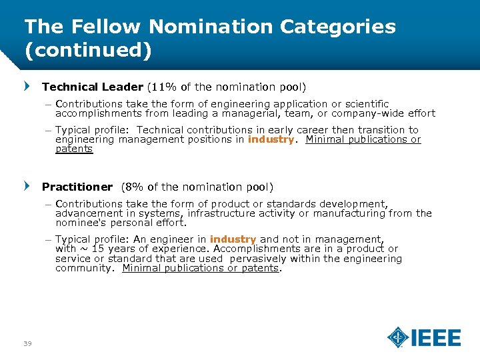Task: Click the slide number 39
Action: pyautogui.click(x=27, y=343)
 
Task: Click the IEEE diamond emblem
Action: pyautogui.click(x=398, y=337)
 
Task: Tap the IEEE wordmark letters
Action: pyautogui.click(x=436, y=338)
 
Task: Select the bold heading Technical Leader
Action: pyautogui.click(x=92, y=87)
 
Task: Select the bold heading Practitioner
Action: pyautogui.click(x=77, y=187)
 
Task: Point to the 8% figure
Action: pyautogui.click(x=133, y=187)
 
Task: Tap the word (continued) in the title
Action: pyautogui.click(x=88, y=50)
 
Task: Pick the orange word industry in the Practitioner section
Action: pyautogui.click(x=233, y=239)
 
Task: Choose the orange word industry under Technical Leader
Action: pyautogui.click(x=271, y=139)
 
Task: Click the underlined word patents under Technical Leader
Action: pyautogui.click(x=74, y=149)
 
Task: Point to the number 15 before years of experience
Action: pyautogui.click(x=97, y=249)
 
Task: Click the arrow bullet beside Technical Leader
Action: pyautogui.click(x=27, y=87)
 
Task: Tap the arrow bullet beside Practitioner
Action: pyautogui.click(x=27, y=187)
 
